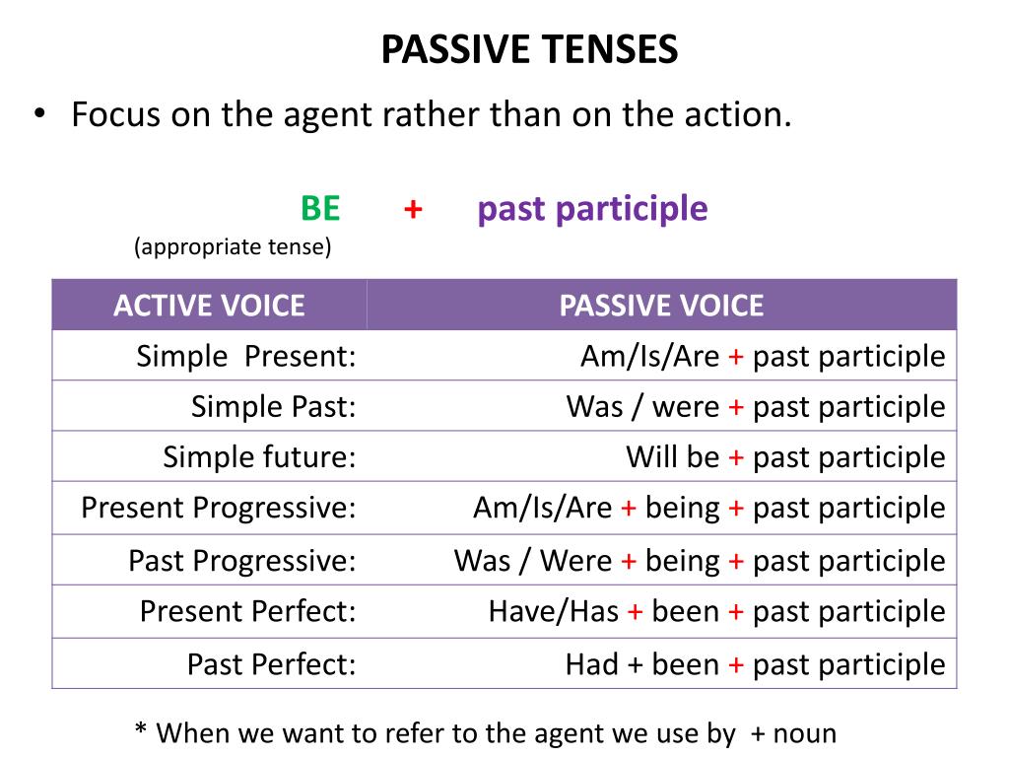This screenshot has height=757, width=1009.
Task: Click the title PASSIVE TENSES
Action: (529, 49)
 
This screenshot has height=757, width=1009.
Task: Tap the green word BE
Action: (320, 209)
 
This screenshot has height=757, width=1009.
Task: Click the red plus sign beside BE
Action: (413, 209)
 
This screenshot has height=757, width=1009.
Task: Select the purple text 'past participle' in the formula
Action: (592, 210)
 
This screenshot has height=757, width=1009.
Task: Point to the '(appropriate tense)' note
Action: (233, 246)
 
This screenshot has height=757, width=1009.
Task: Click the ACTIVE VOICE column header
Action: (209, 306)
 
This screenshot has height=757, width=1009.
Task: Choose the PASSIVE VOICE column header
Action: (661, 306)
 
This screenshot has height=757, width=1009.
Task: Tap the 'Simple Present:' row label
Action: (246, 356)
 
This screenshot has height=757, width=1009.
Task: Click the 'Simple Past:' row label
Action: (274, 407)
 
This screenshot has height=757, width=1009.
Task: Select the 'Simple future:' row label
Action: (259, 457)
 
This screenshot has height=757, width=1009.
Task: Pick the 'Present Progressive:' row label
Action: (219, 508)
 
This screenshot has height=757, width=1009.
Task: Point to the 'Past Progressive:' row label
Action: (242, 561)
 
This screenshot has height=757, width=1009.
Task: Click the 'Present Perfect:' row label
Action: (247, 611)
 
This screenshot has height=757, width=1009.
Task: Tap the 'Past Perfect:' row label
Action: (272, 664)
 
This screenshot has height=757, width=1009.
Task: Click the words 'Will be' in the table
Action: (673, 457)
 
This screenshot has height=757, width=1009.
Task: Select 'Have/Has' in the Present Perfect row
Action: (554, 611)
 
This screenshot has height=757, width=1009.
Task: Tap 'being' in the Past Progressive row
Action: (682, 562)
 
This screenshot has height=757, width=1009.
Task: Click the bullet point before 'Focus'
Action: (39, 114)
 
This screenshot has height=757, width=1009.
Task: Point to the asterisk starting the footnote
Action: (141, 728)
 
